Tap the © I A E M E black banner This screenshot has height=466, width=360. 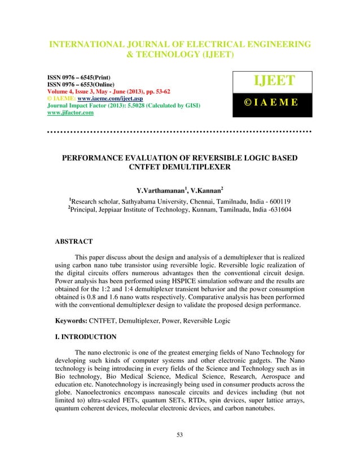pos(272,105)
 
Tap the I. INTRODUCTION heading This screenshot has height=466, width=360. pos(85,337)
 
